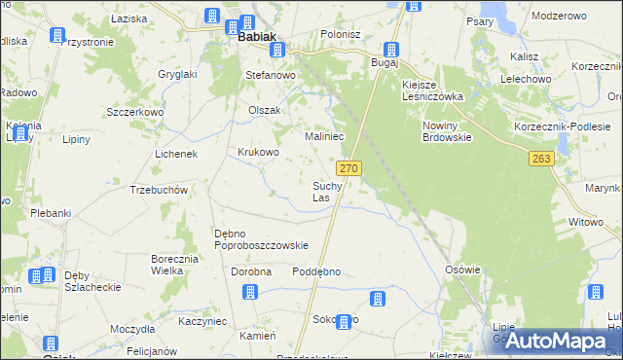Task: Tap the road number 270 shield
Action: tap(351, 168)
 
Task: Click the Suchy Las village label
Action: tap(326, 191)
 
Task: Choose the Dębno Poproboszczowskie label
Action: tap(261, 238)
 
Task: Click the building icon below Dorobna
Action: tap(250, 292)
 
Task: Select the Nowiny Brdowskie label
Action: tap(447, 131)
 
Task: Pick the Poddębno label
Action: tap(316, 271)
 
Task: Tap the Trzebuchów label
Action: tap(158, 190)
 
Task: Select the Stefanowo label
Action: tap(270, 74)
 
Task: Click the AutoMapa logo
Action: tap(551, 340)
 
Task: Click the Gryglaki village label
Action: tap(178, 74)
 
